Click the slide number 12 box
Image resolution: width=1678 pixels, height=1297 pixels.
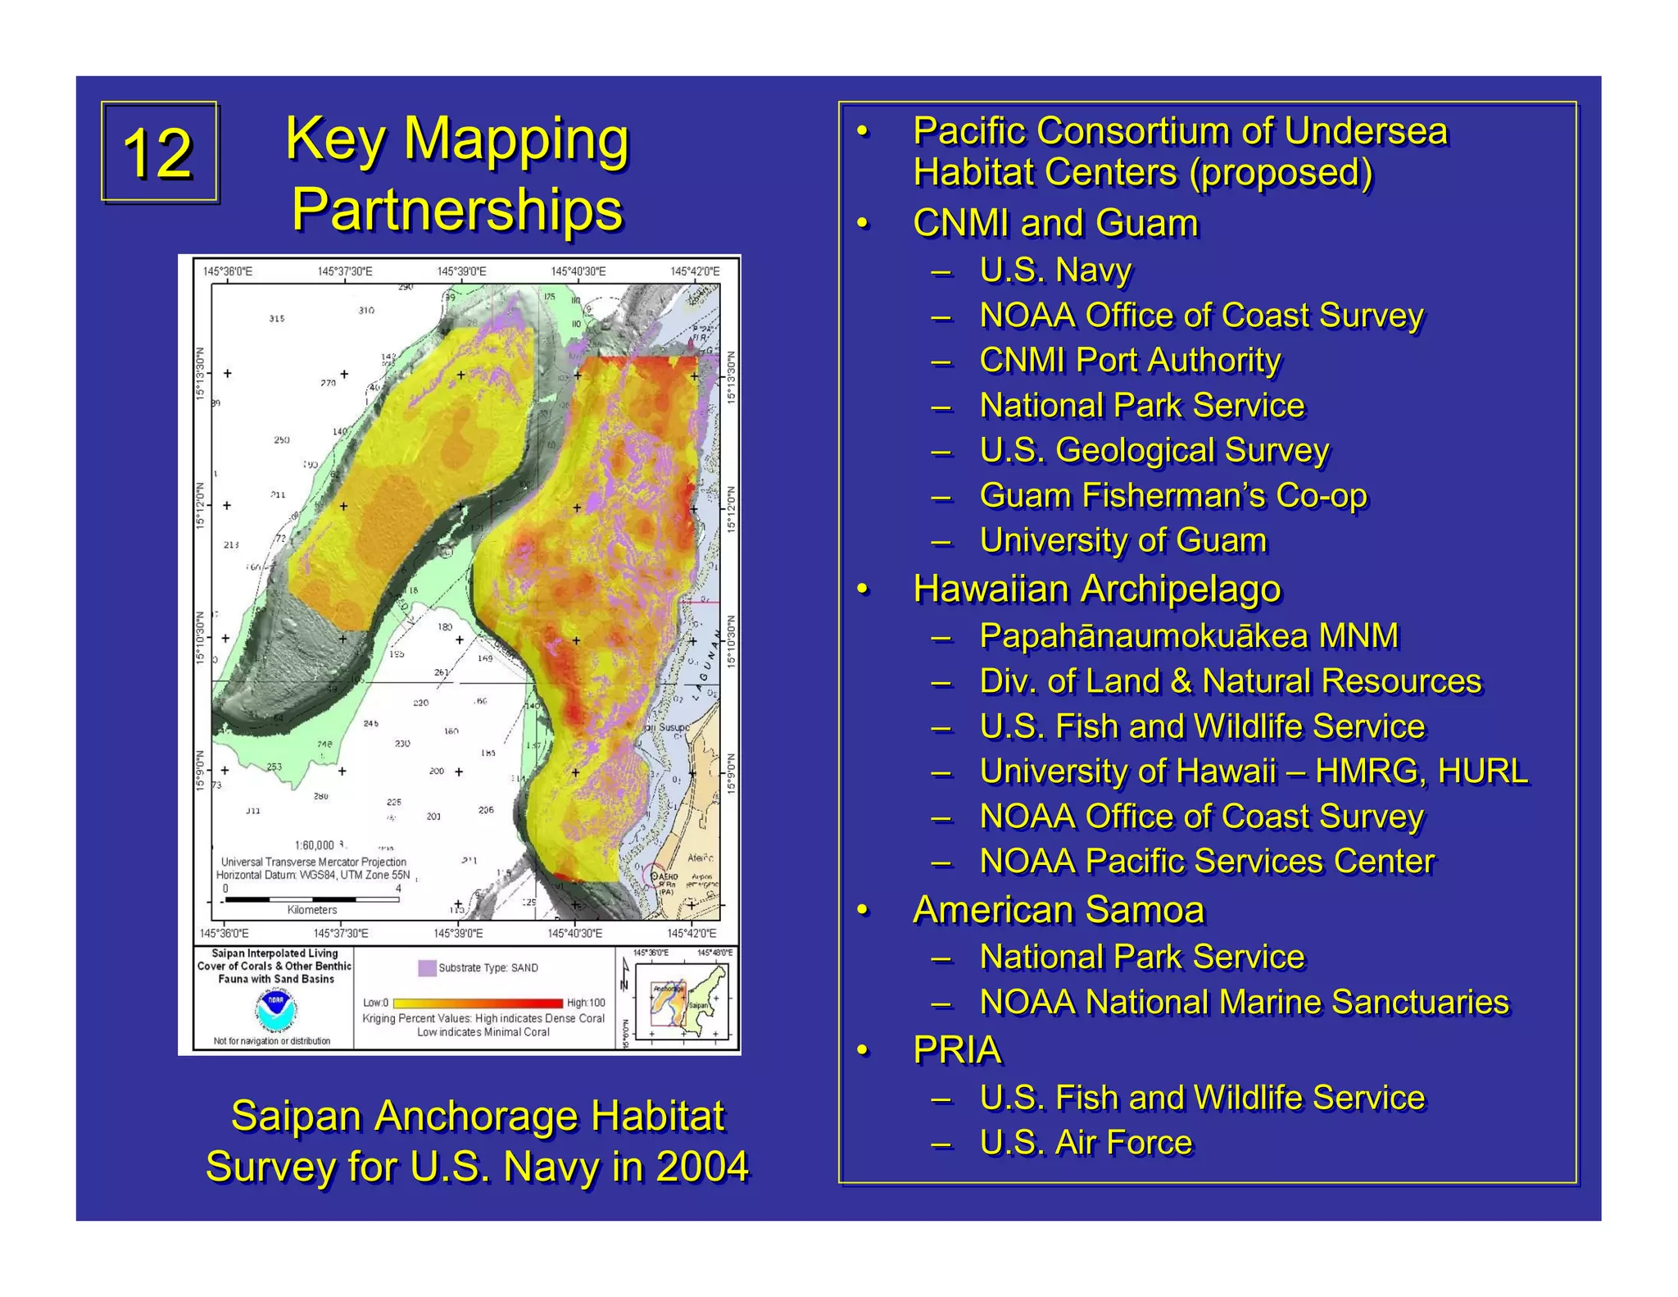coord(159,152)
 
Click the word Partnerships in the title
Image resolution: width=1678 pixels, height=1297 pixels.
coord(457,209)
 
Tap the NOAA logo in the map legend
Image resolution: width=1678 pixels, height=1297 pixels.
coord(276,1010)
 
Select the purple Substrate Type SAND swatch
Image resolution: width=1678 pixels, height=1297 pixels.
coord(427,967)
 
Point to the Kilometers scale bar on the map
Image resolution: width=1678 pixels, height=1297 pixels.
coord(312,899)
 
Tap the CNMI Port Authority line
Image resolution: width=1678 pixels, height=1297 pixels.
coord(1130,360)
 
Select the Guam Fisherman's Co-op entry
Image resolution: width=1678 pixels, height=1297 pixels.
coord(1172,495)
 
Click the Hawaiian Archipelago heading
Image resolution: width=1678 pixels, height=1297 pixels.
coord(1096,589)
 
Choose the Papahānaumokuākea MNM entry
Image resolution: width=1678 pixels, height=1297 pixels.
coord(1189,635)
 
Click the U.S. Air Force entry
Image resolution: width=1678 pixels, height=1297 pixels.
coord(1086,1142)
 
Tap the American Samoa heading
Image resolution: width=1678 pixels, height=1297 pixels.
coord(1059,909)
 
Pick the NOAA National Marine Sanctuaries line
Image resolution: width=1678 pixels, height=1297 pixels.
coord(1244,1002)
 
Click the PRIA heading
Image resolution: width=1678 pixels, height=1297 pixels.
coord(957,1049)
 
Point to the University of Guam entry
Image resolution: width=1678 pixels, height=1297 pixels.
coord(1122,540)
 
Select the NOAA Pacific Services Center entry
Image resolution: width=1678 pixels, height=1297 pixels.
coord(1207,861)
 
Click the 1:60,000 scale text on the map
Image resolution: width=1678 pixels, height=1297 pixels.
coord(315,845)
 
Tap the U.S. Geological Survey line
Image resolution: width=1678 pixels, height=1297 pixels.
coord(1154,450)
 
